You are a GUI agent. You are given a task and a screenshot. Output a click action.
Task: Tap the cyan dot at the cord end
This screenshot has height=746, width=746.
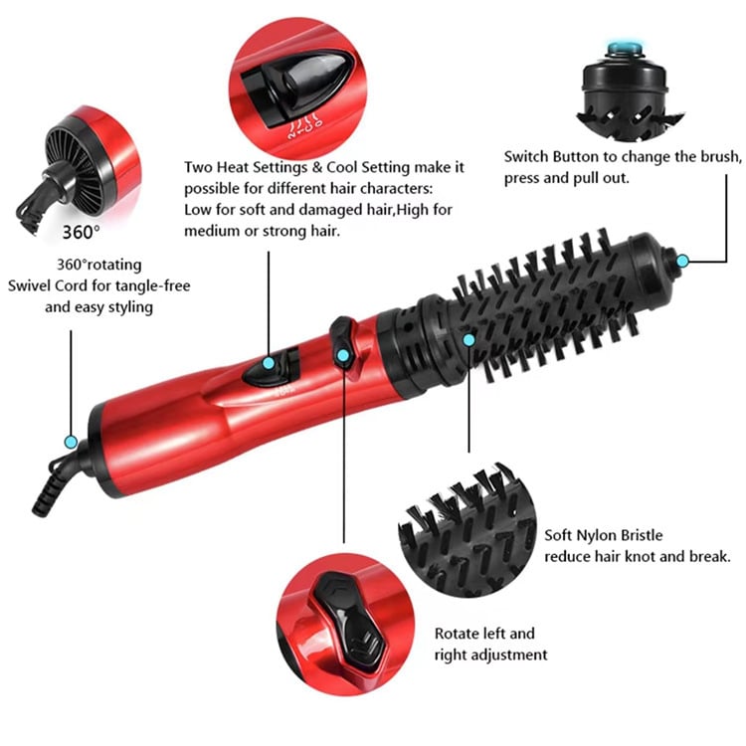pos(71,441)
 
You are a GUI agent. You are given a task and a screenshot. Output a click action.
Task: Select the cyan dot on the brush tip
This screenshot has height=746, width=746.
pos(682,262)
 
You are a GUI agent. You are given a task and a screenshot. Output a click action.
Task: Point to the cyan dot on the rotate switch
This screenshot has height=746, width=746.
pos(342,354)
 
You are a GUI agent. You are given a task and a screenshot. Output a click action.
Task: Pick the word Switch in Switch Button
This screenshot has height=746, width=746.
pos(528,157)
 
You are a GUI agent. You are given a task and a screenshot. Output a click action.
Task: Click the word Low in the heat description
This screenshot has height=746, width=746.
pos(198,210)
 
